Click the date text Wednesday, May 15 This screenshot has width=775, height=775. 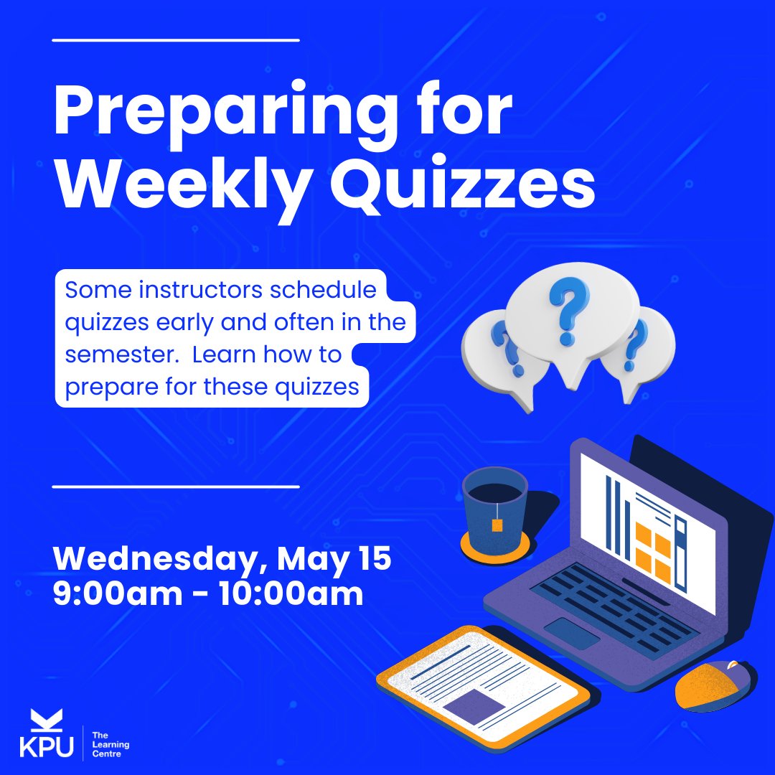[222, 559]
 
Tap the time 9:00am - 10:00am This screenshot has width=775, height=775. [208, 595]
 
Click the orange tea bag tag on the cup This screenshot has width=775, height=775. [497, 525]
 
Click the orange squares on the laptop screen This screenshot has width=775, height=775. [653, 552]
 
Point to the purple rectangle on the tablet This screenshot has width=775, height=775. [474, 706]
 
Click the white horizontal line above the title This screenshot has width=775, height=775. [176, 40]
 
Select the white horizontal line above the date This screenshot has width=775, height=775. [176, 487]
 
